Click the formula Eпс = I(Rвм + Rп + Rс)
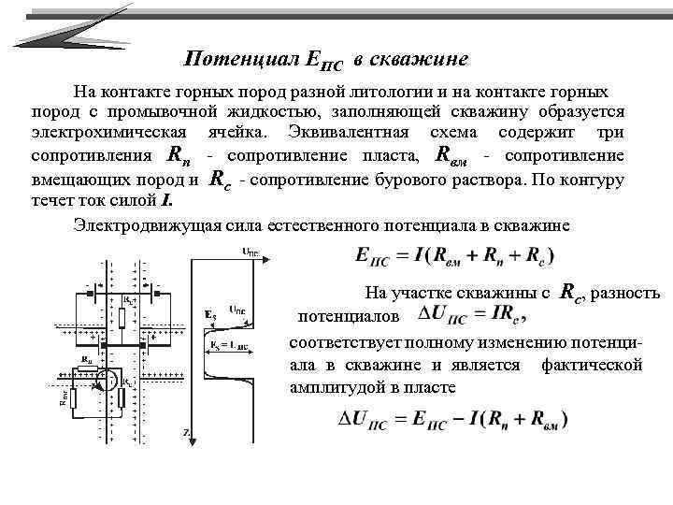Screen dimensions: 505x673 (455, 255)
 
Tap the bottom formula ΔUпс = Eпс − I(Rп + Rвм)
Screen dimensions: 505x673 (452, 420)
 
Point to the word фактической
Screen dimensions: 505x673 (592, 365)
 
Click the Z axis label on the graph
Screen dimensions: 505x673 (187, 432)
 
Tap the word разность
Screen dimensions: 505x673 (629, 294)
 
